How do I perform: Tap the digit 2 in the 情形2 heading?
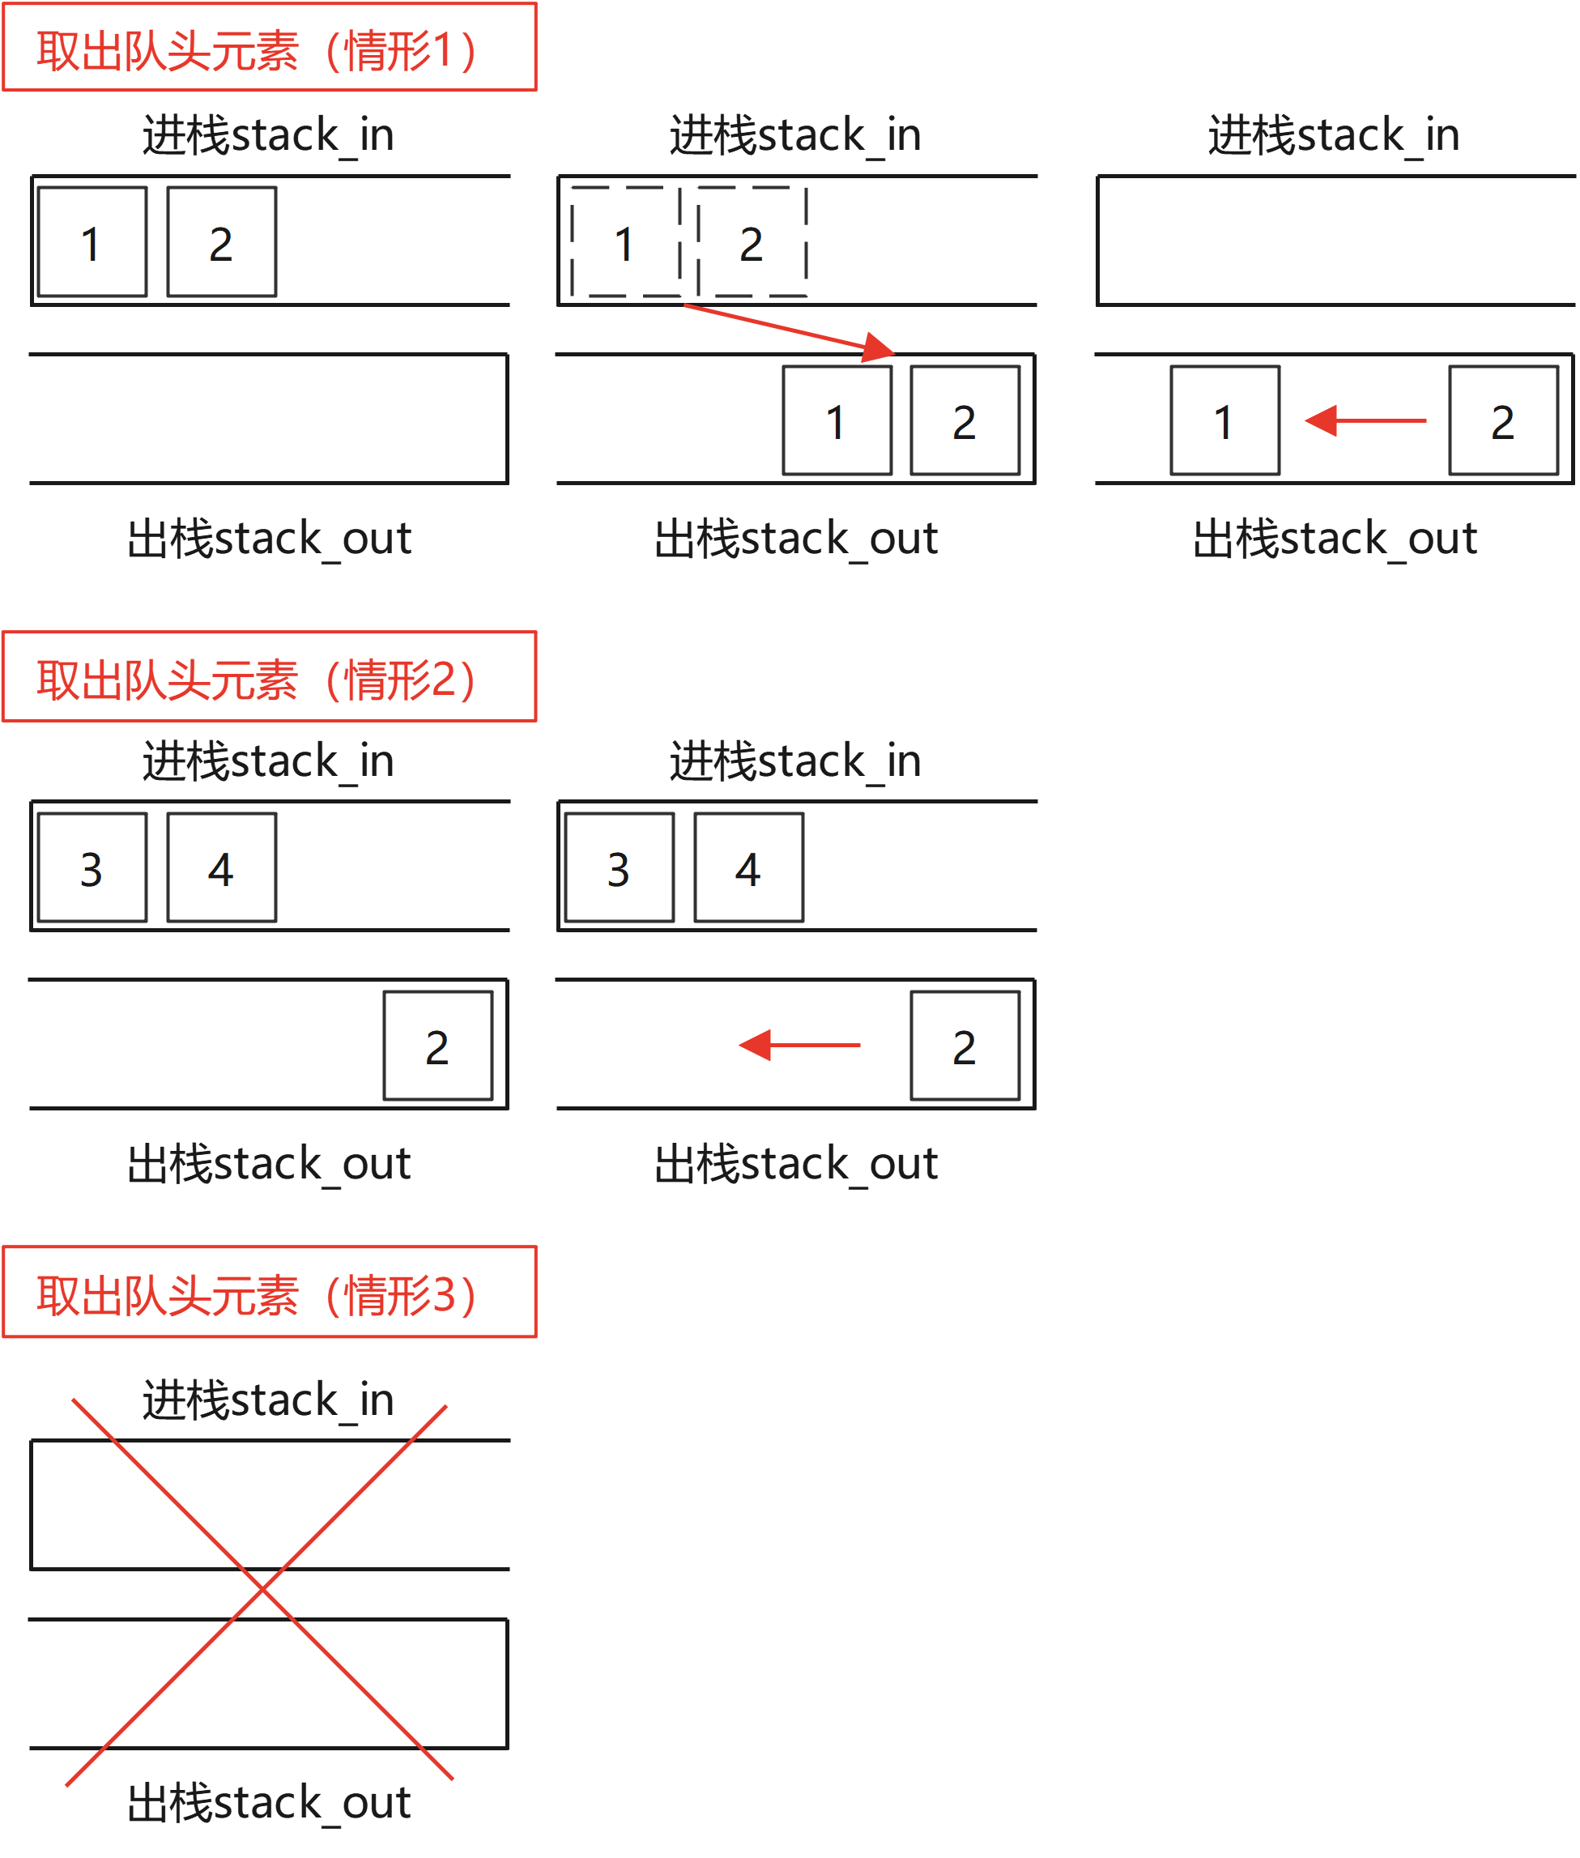(x=443, y=680)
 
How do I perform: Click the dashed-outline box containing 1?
(x=625, y=242)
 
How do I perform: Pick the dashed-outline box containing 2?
(x=752, y=242)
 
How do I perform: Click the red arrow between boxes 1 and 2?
(x=1365, y=420)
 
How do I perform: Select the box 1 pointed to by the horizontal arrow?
(x=1224, y=420)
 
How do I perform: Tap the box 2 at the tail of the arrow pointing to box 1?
(x=1503, y=420)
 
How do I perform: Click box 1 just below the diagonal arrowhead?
(x=837, y=420)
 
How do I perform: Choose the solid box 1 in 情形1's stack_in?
(x=92, y=242)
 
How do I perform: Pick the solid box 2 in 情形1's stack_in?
(x=221, y=242)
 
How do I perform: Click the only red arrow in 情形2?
(x=799, y=1046)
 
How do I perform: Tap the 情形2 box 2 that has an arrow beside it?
(x=965, y=1046)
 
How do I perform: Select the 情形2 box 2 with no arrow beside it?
(x=438, y=1046)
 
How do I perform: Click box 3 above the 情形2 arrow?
(x=619, y=868)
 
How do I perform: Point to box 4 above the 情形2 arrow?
(x=749, y=868)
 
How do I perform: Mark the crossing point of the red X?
(x=262, y=1589)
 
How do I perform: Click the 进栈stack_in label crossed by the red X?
(x=268, y=1400)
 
